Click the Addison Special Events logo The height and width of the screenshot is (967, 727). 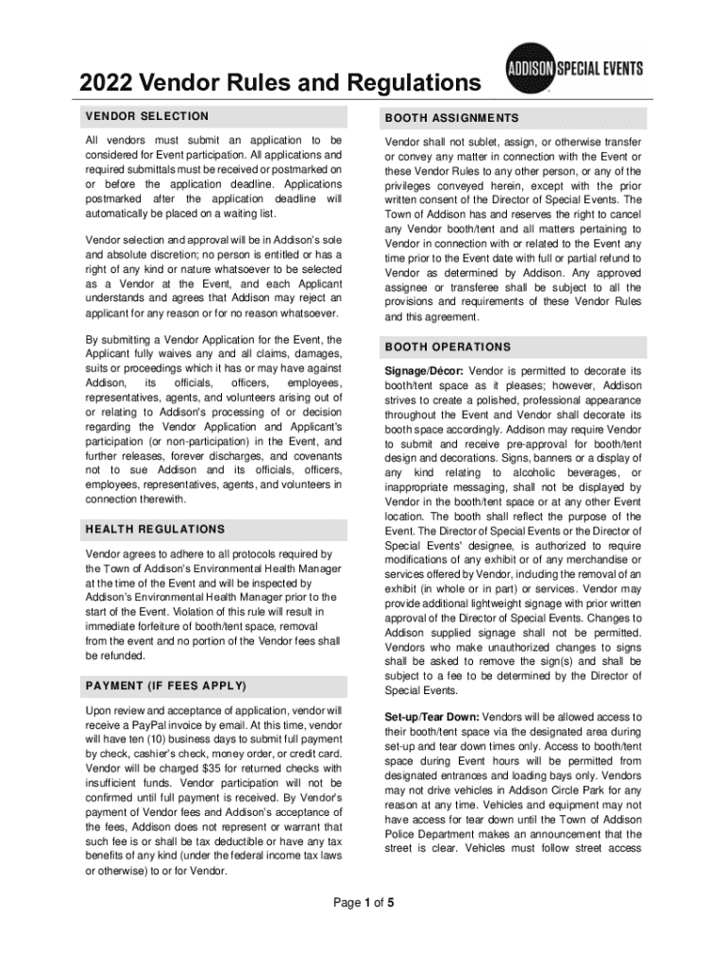point(576,68)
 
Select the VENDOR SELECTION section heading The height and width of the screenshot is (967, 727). point(146,116)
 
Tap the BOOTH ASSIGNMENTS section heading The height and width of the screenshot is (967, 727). point(451,119)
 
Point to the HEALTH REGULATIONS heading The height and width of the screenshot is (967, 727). point(155,530)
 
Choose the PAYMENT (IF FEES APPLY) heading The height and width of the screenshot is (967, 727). point(165,686)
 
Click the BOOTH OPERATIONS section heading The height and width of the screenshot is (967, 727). point(448,347)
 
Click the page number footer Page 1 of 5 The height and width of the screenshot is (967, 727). point(363,903)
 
